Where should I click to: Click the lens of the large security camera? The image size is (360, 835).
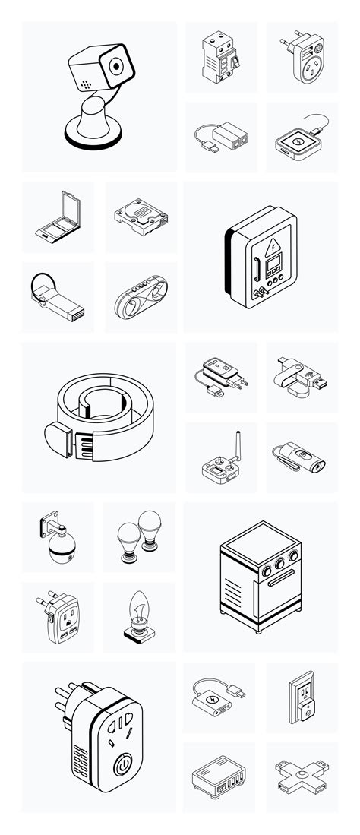(115, 66)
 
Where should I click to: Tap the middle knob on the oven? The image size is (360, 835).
(276, 564)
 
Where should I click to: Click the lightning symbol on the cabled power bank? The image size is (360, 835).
(212, 697)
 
